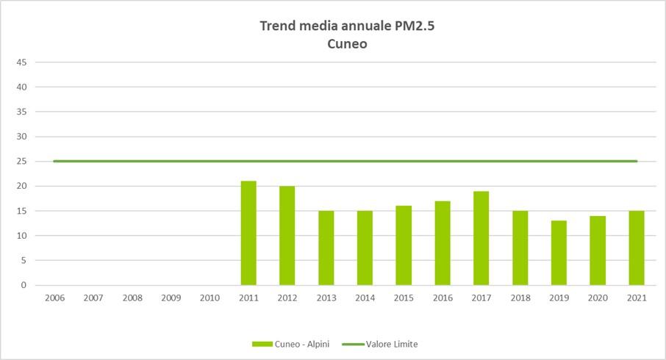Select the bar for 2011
point(248,233)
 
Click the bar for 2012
point(287,235)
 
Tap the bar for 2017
point(481,238)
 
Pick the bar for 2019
point(559,253)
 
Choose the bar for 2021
point(637,248)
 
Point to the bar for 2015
point(404,245)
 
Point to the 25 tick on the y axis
point(22,162)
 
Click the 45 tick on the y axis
point(22,62)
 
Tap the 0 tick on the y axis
point(24,285)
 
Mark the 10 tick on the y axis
point(22,236)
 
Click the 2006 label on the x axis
point(54,298)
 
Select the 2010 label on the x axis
point(210,298)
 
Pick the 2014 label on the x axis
point(365,298)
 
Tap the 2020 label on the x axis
point(598,298)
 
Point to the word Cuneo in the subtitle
point(347,43)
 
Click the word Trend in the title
point(277,26)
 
